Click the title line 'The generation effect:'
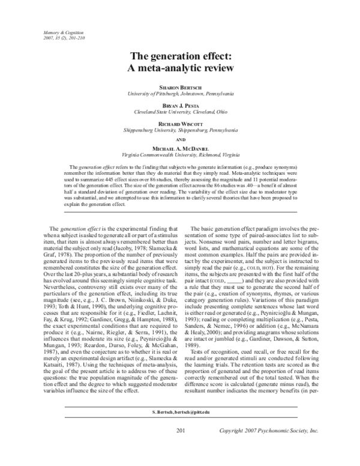coord(180,56)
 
